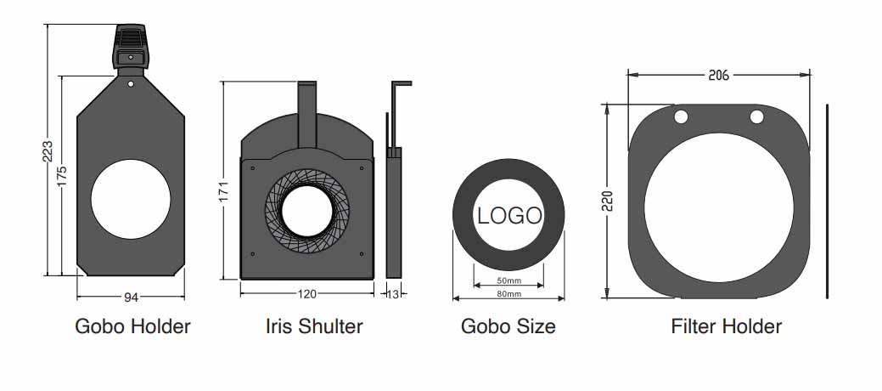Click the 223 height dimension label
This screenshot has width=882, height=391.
pyautogui.click(x=48, y=150)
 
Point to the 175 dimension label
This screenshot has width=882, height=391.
pyautogui.click(x=62, y=175)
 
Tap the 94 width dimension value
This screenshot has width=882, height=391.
pyautogui.click(x=131, y=297)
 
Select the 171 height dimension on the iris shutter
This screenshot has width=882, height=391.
pyautogui.click(x=224, y=191)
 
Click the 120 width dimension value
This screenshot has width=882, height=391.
pyautogui.click(x=306, y=293)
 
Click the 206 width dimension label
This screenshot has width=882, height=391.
pyautogui.click(x=718, y=75)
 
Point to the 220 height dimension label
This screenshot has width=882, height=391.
pyautogui.click(x=607, y=201)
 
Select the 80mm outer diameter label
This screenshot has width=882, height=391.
pyautogui.click(x=508, y=294)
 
